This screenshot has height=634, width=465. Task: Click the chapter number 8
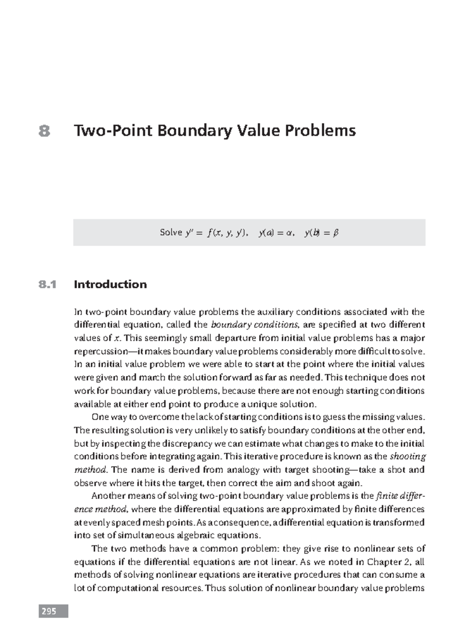[45, 131]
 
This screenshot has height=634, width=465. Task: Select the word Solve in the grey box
[171, 233]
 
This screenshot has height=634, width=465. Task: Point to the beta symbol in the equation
[336, 233]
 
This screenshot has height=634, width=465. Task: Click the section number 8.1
[47, 284]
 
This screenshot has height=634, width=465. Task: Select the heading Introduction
[110, 284]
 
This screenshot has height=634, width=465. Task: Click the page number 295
[49, 612]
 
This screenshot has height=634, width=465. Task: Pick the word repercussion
[100, 351]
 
